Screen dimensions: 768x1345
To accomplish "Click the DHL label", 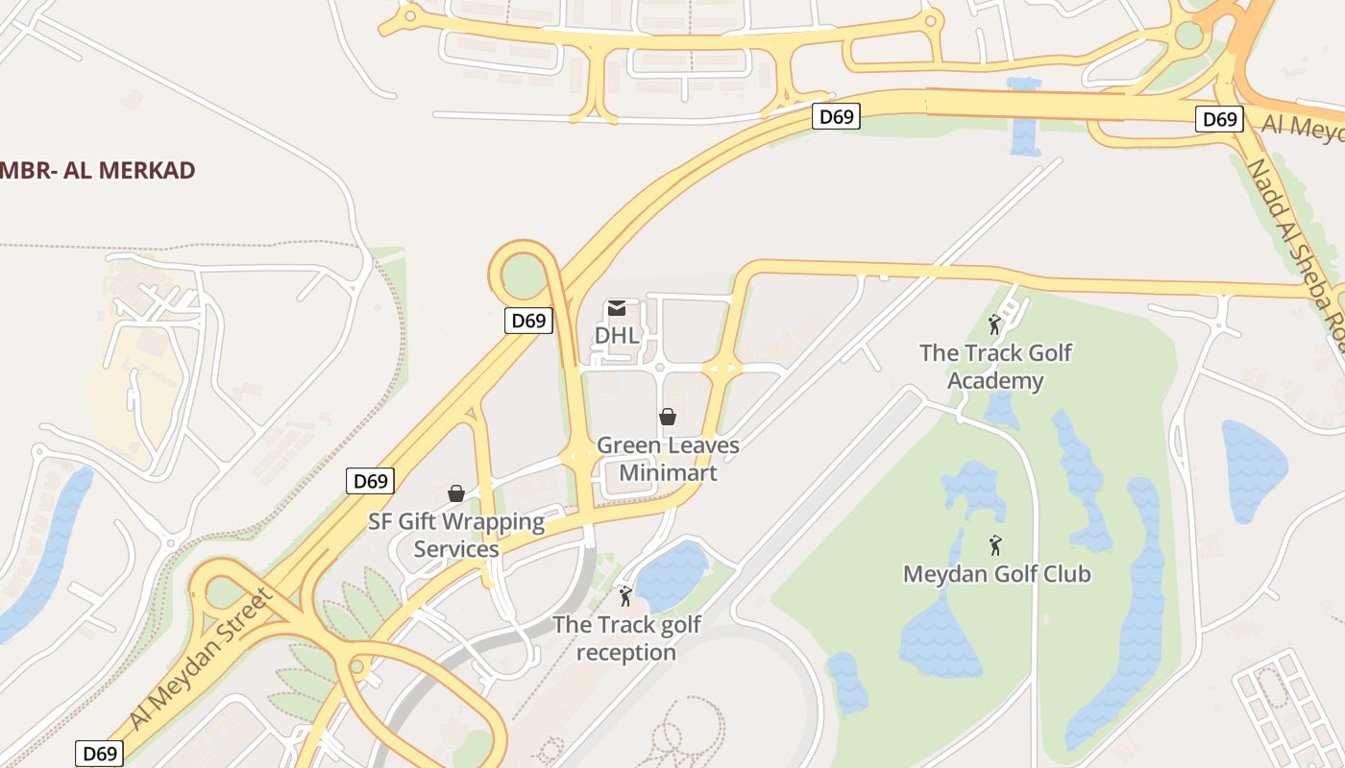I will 617,335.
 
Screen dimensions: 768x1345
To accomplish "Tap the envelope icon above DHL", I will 617,308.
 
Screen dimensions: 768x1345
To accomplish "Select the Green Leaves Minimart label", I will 668,459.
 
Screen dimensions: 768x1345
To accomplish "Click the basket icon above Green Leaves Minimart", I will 668,417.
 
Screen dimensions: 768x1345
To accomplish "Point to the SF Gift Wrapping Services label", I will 456,536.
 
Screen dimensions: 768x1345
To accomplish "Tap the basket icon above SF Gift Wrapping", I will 456,493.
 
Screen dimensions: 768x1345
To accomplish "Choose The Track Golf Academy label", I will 995,367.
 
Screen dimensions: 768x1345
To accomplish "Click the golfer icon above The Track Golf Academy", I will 995,324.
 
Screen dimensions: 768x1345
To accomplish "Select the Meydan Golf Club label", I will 996,574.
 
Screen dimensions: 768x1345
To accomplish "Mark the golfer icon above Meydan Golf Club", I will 995,545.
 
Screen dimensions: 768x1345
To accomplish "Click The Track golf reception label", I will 626,638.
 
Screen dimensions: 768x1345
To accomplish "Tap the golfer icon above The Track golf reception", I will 625,596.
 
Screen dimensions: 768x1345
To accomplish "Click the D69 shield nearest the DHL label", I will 528,321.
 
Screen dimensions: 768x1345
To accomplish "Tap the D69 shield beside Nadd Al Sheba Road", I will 1219,119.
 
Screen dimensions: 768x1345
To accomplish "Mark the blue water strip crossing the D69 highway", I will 1025,120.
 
